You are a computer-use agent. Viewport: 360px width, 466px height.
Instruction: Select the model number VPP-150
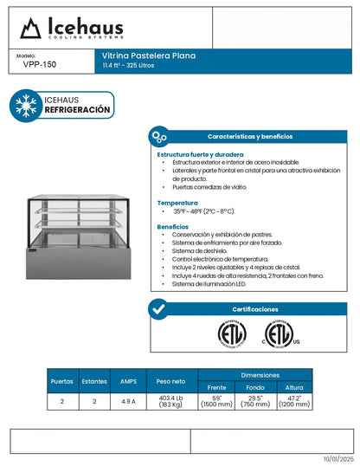pos(35,64)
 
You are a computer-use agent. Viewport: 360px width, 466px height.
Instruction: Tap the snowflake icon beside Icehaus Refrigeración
pos(26,105)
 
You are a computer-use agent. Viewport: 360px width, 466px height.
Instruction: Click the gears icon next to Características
pos(158,137)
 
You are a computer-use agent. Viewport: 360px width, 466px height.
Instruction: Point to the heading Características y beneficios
pos(249,137)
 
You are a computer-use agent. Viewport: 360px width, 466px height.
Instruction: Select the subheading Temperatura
pos(177,201)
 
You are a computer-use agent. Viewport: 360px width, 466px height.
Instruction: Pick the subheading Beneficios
pos(173,226)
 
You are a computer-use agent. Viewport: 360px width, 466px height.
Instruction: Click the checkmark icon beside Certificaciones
pos(158,309)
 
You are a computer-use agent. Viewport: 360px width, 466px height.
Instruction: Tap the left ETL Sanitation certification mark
pos(231,334)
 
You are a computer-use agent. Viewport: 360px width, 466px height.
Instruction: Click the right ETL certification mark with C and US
pos(278,334)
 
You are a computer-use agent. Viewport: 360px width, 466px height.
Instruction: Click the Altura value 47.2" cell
pos(294,402)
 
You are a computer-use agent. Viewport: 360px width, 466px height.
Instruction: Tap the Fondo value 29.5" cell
pos(254,402)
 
